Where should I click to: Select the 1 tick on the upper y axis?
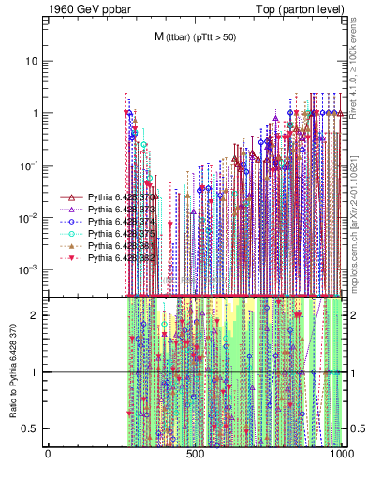pos(36,113)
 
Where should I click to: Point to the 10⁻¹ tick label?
pos(30,165)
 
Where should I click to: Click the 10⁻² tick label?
pos(30,217)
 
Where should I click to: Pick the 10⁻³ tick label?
pos(30,269)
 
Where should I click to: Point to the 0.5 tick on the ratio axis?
pos(32,428)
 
